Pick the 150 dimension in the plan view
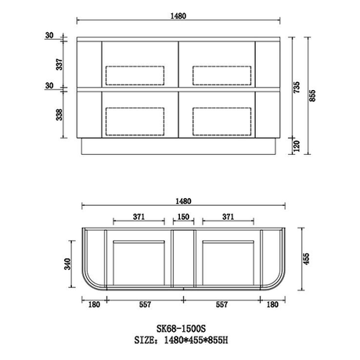(182, 216)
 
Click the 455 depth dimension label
(307, 257)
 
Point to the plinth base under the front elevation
(178, 148)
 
